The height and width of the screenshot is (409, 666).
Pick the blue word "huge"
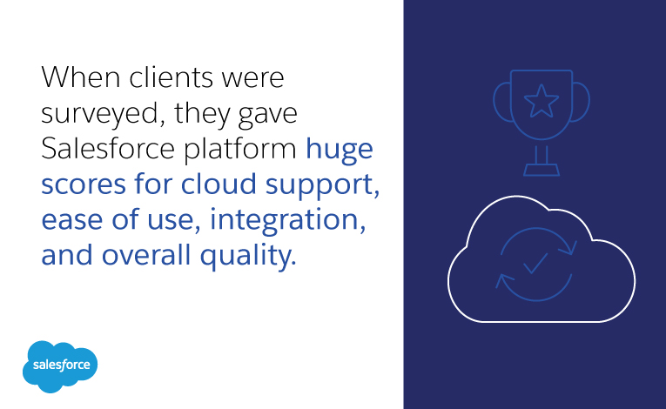point(339,151)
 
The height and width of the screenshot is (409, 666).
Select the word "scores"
point(86,185)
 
